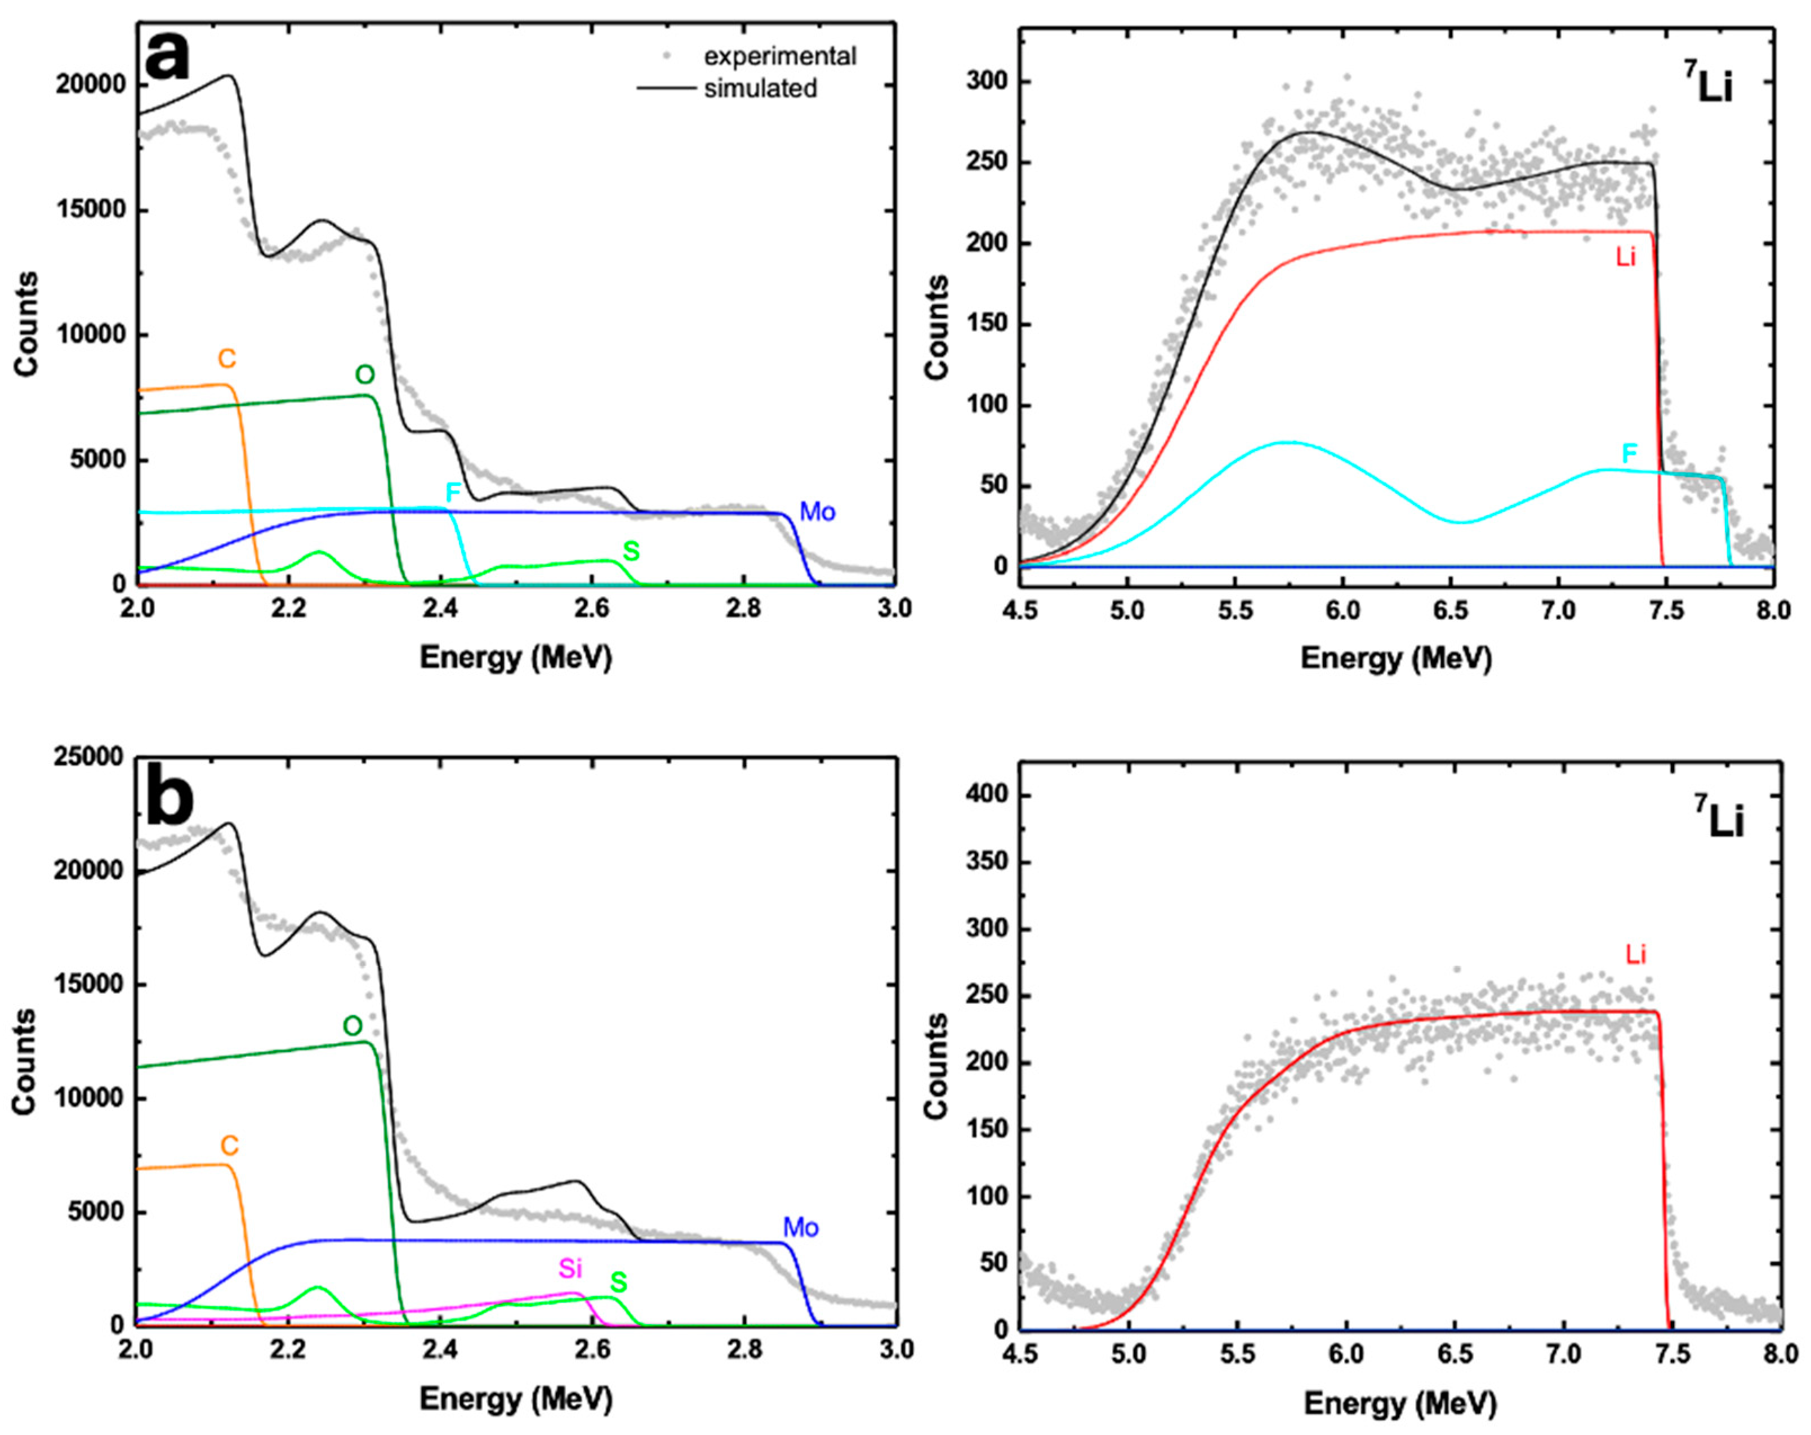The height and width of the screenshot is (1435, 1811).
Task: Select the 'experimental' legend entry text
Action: point(779,56)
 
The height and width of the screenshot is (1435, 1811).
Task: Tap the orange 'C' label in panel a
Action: point(227,359)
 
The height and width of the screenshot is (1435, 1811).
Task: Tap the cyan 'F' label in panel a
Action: point(453,493)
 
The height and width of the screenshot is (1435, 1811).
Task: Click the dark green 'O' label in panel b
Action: point(352,1026)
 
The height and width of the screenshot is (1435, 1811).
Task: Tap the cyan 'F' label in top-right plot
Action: point(1629,454)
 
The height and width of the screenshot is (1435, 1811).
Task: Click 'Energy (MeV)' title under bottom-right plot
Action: point(1399,1403)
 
